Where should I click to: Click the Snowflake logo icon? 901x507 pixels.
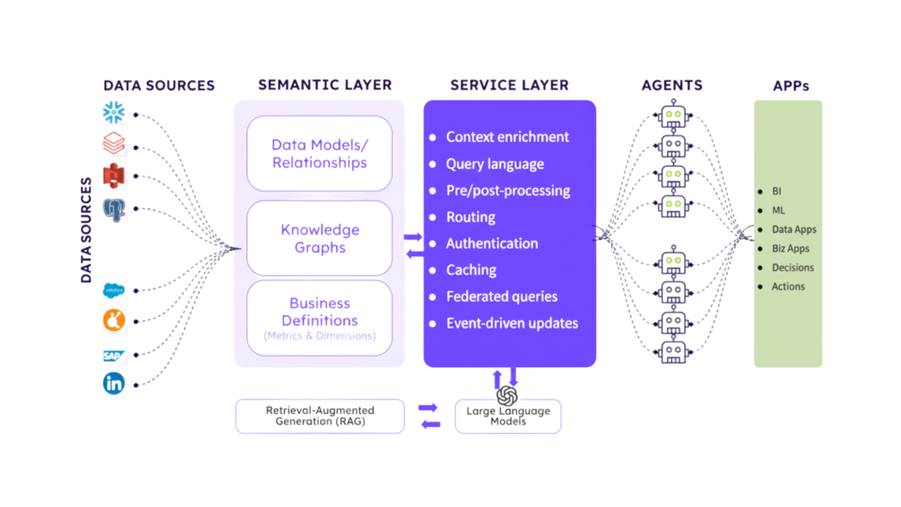115,113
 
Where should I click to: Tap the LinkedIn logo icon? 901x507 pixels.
114,384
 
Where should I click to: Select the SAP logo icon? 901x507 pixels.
114,356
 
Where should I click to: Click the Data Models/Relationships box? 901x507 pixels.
319,154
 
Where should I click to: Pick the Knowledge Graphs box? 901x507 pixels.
319,239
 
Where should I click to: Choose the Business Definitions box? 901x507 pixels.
319,318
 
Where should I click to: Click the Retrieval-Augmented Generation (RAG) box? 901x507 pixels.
320,416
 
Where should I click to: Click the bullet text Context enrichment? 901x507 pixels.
507,137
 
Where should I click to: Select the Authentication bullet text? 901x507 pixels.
491,244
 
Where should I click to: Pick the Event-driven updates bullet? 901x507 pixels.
511,323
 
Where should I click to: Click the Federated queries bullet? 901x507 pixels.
502,297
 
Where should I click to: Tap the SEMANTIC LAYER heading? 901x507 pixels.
325,85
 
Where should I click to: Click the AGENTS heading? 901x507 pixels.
672,85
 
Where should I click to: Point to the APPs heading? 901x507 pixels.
789,86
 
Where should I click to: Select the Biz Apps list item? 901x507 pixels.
790,248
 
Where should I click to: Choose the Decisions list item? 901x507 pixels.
793,268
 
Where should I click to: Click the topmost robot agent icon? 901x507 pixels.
674,116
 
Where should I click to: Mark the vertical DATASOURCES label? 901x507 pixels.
86,231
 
